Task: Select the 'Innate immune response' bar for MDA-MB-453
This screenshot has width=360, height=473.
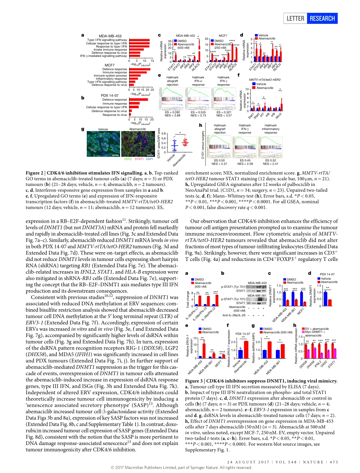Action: pos(136,50)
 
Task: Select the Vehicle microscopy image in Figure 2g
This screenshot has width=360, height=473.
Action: pos(103,144)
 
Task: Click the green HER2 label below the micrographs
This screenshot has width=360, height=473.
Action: pos(128,159)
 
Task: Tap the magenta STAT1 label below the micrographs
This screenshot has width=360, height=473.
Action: pos(139,159)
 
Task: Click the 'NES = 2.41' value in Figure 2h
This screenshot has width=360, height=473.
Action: pos(271,164)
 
